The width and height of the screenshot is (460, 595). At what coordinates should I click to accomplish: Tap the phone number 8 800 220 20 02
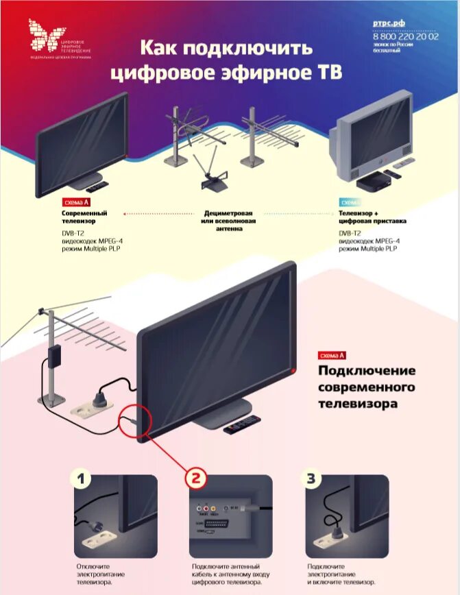[x=405, y=36]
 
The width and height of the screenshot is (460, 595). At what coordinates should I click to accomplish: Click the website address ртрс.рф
[x=389, y=23]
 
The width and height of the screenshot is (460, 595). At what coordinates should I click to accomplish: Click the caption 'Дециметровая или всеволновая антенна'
[x=231, y=221]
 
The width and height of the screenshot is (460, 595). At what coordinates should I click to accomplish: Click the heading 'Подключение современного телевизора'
[x=367, y=387]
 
